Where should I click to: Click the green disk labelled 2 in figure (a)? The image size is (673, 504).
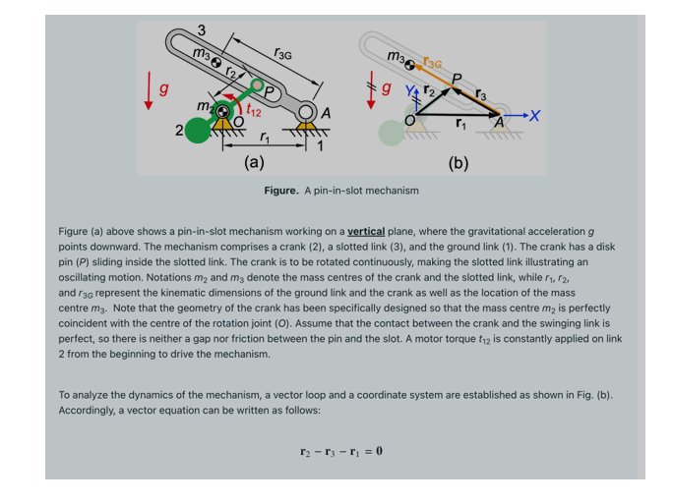pyautogui.click(x=197, y=129)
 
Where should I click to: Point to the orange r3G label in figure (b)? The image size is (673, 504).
pyautogui.click(x=430, y=61)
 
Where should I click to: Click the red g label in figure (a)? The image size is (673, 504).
pyautogui.click(x=165, y=89)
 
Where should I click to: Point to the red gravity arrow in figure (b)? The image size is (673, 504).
pyautogui.click(x=371, y=84)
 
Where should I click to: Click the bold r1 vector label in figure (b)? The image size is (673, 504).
pyautogui.click(x=460, y=124)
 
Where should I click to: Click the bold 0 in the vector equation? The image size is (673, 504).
pyautogui.click(x=379, y=451)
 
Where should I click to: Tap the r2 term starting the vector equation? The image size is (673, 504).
pyautogui.click(x=305, y=452)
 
